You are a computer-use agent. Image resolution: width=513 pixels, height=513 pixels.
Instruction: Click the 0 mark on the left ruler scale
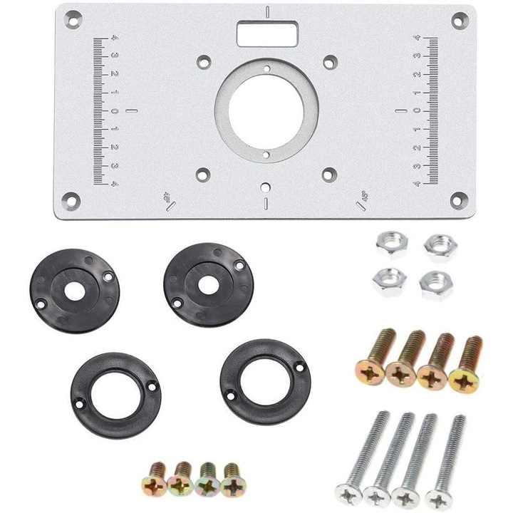point(114,111)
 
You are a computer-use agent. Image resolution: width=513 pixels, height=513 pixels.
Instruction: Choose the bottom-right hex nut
point(432,285)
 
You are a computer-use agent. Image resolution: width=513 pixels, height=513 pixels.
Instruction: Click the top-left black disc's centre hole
point(73,289)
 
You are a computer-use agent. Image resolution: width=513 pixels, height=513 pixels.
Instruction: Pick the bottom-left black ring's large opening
point(115,395)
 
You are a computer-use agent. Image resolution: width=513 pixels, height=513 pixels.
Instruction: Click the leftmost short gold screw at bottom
point(155,483)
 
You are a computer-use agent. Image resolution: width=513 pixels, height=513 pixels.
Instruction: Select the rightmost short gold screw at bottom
point(232,484)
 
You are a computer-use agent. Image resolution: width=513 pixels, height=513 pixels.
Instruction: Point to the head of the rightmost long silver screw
point(437,497)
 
